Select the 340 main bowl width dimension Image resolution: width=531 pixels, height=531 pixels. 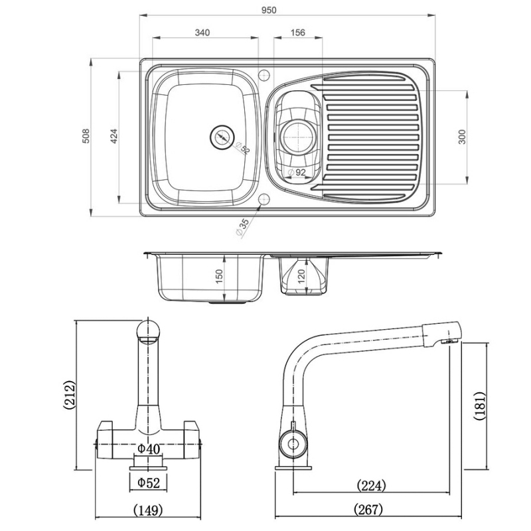tap(204, 33)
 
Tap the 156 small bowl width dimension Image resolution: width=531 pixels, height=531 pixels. tap(298, 33)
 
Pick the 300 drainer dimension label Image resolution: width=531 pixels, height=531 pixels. tap(462, 136)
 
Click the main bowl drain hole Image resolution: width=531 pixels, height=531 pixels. tap(222, 138)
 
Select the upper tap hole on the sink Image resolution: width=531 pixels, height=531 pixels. tap(264, 71)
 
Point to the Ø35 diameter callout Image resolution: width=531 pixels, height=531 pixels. tap(242, 226)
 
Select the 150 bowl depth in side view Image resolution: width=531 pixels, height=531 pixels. tap(220, 277)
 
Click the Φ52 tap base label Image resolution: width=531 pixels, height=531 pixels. tap(149, 483)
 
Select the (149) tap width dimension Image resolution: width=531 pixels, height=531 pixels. tap(149, 510)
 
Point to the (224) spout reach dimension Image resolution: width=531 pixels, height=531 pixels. tap(371, 486)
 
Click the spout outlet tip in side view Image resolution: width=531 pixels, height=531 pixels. tap(451, 341)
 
